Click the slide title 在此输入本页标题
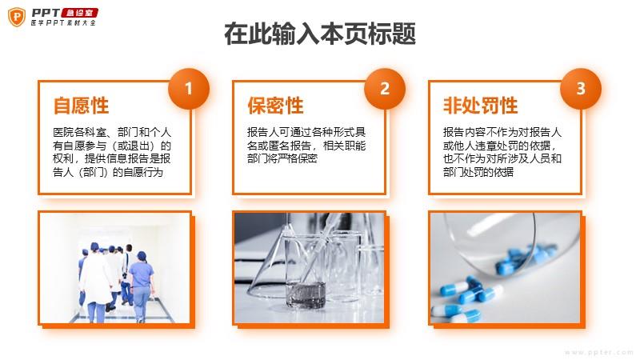pyautogui.click(x=320, y=34)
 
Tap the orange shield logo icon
pyautogui.click(x=17, y=17)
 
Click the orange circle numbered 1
pyautogui.click(x=189, y=89)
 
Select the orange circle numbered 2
pyautogui.click(x=385, y=89)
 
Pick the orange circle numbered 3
pyautogui.click(x=581, y=89)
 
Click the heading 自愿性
pyautogui.click(x=82, y=106)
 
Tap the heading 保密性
pyautogui.click(x=275, y=106)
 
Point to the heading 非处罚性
pyautogui.click(x=481, y=106)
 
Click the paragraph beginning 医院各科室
pyautogui.click(x=112, y=152)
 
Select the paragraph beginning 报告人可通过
pyautogui.click(x=306, y=146)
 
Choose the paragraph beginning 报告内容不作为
pyautogui.click(x=502, y=152)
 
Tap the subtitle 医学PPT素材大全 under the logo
pyautogui.click(x=63, y=23)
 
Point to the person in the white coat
pyautogui.click(x=95, y=282)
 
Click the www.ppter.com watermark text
pyautogui.click(x=598, y=352)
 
